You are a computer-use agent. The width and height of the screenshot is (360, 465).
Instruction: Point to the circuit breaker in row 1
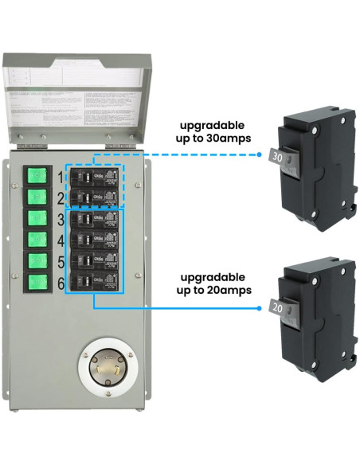(x=95, y=176)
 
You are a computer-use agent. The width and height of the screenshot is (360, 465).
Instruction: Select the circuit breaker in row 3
(x=95, y=218)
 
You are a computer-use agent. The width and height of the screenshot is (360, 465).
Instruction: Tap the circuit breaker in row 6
(x=95, y=281)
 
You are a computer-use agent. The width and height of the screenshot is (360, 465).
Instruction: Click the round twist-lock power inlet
(x=108, y=370)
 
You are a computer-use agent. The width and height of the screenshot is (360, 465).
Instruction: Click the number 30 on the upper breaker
(x=278, y=158)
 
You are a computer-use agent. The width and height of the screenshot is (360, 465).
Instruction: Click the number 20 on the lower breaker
(x=278, y=307)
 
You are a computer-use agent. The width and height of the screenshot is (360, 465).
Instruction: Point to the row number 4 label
(x=61, y=239)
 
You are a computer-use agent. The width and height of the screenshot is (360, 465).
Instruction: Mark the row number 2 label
(x=61, y=197)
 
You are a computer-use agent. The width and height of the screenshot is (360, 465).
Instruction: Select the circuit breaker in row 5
(x=95, y=260)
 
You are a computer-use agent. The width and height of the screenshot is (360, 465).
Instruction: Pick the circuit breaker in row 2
(x=95, y=197)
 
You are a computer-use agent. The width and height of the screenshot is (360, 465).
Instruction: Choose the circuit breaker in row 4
(x=95, y=239)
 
